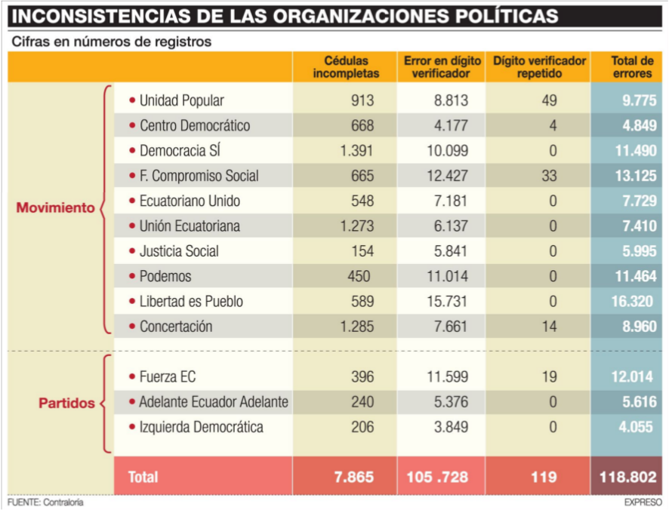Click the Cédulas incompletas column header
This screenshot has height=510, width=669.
point(346,67)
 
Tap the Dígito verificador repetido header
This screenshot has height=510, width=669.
point(539,67)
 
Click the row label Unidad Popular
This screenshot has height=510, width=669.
point(181,100)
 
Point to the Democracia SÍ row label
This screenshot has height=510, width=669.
point(180,151)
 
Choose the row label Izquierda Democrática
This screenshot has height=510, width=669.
point(201,427)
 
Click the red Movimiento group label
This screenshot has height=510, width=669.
point(55,208)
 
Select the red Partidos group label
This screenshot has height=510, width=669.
point(66,403)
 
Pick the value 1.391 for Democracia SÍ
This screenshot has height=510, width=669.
point(356,151)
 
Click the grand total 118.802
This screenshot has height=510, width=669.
point(628,477)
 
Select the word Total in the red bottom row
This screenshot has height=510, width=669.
point(143,477)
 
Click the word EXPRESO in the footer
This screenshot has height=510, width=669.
point(643,502)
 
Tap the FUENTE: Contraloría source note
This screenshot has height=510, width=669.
point(45,502)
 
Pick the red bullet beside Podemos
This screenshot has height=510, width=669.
point(132,276)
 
